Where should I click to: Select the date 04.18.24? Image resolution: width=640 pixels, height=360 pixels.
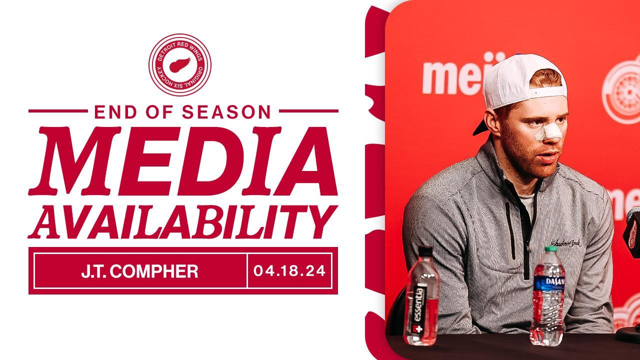click(x=289, y=271)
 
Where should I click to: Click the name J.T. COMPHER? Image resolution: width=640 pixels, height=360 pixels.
click(x=139, y=271)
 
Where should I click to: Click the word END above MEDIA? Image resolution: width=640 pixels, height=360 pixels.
click(x=115, y=111)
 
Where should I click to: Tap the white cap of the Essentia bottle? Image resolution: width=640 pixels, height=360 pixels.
click(x=425, y=250)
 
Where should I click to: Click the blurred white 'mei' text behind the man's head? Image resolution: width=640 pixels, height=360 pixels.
click(x=450, y=77)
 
